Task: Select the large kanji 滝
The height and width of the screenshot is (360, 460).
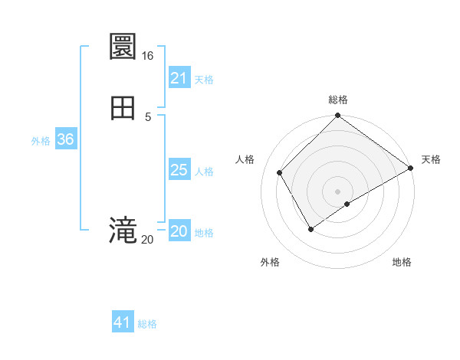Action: (123, 230)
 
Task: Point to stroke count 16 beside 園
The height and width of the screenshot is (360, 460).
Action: (147, 56)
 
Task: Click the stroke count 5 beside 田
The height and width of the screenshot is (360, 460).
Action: (148, 116)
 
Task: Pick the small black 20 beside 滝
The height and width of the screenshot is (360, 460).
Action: (147, 240)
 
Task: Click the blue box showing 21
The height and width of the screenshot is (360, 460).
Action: (179, 78)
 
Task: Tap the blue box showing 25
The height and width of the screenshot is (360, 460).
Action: (179, 170)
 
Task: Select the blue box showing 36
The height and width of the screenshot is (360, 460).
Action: (65, 139)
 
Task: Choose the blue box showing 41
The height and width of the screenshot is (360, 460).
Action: (123, 322)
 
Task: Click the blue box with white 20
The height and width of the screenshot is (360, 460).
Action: (179, 231)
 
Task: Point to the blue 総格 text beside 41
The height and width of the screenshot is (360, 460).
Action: (147, 324)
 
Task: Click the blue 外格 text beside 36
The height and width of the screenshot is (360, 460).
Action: (41, 141)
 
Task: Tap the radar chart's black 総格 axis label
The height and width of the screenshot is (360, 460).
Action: (338, 100)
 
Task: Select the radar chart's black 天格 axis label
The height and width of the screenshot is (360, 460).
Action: (431, 159)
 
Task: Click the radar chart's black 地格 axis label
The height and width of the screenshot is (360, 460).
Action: (402, 262)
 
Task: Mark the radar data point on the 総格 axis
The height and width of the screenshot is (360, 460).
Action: (338, 117)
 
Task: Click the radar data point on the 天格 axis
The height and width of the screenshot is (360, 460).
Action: (411, 168)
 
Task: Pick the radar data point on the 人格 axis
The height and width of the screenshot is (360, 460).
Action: (280, 172)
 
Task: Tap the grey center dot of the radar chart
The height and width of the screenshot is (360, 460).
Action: (338, 191)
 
